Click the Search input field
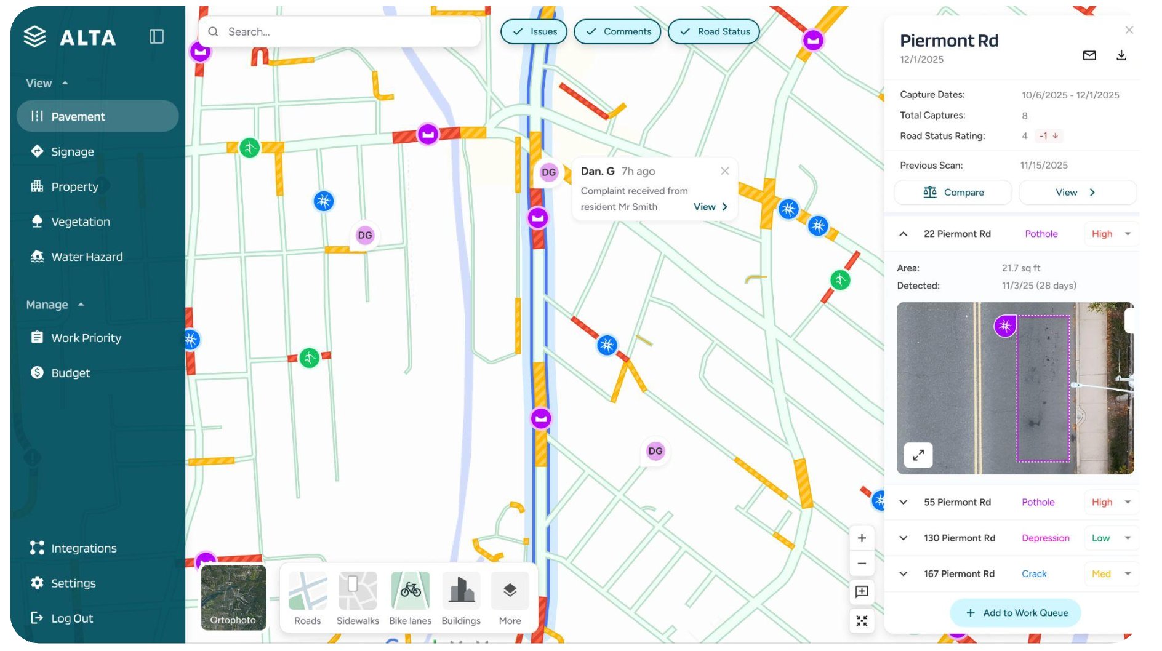(x=345, y=31)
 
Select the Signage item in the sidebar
(x=72, y=151)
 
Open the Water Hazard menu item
(x=86, y=257)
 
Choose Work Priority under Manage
(x=86, y=338)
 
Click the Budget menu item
(x=70, y=373)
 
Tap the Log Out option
(x=71, y=618)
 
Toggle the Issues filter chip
(x=534, y=31)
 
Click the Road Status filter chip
(x=713, y=31)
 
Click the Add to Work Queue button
(x=1016, y=613)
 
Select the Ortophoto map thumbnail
(x=233, y=597)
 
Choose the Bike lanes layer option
(x=410, y=597)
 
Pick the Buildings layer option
(x=460, y=597)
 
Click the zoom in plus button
(x=862, y=538)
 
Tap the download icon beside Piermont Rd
(x=1121, y=55)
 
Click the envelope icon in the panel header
(x=1089, y=55)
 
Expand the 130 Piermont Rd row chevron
(x=903, y=538)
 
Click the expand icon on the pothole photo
(x=918, y=455)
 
